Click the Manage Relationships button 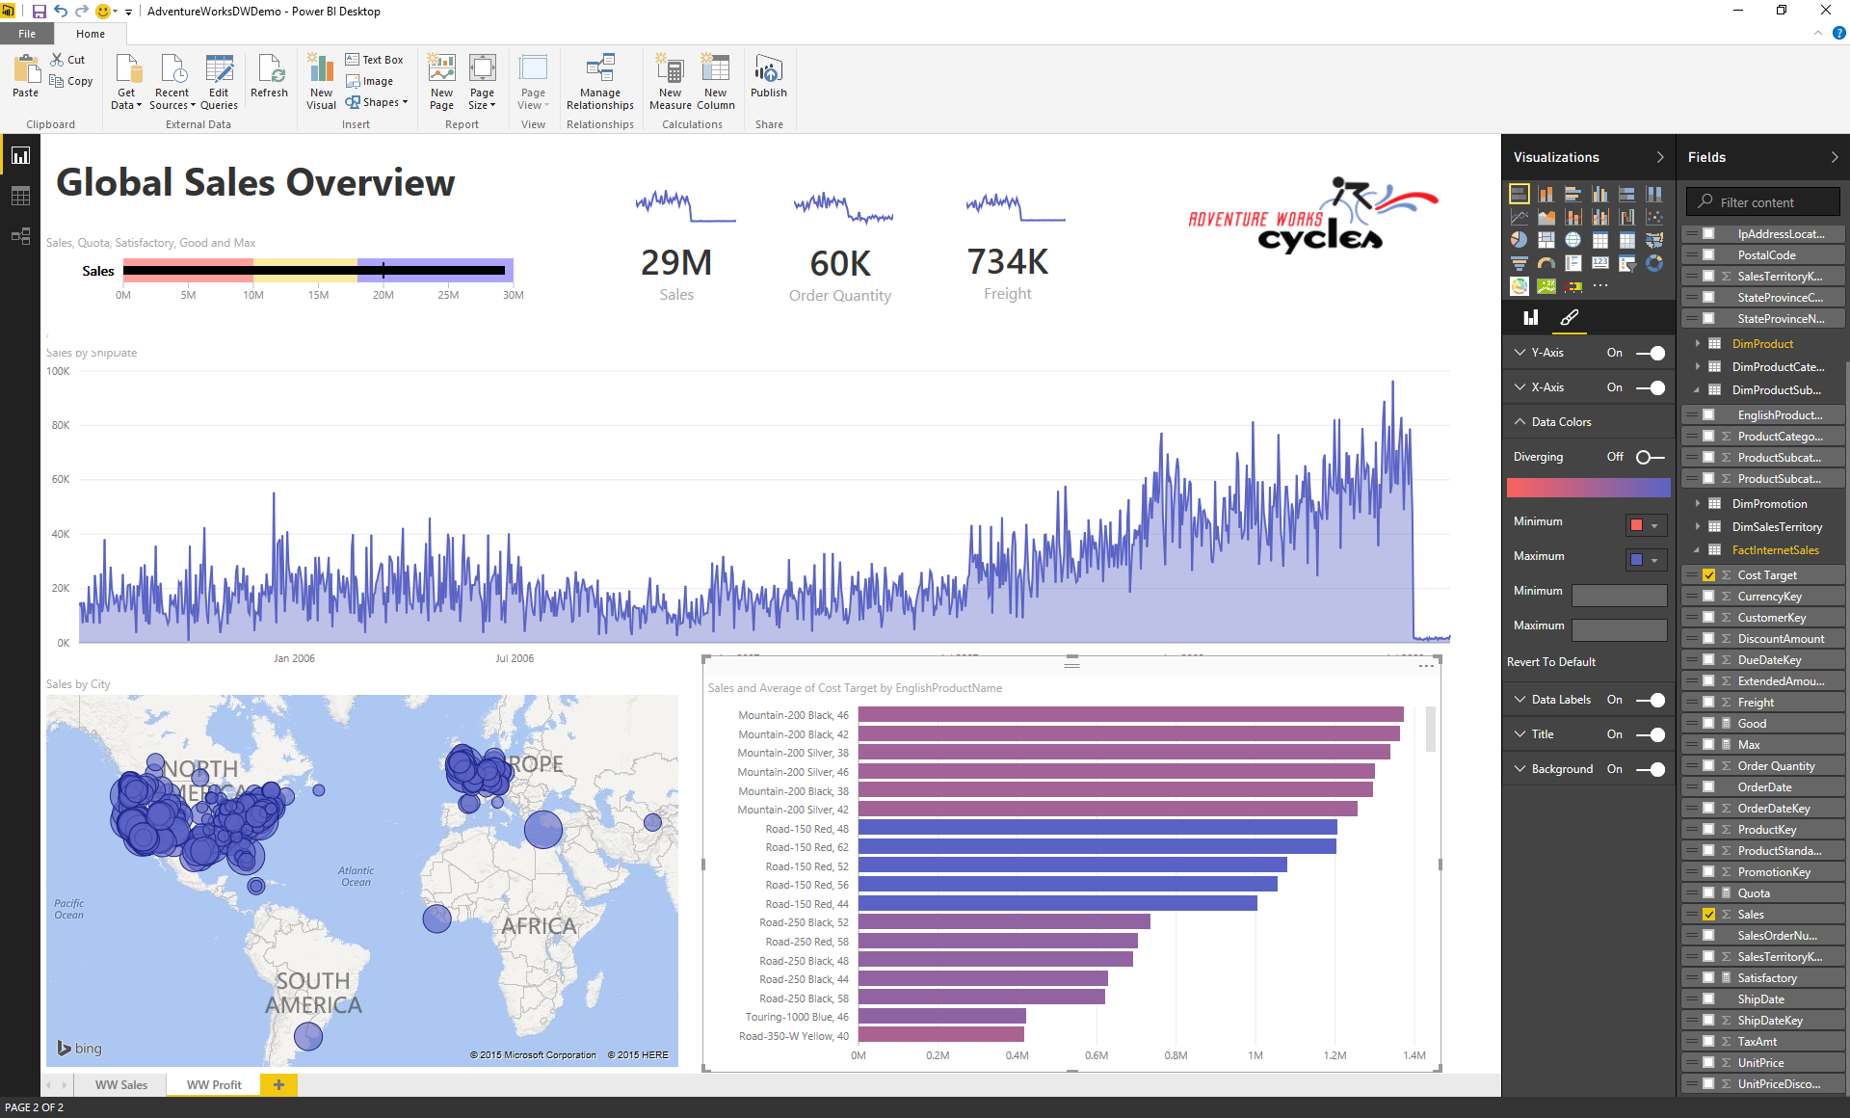coord(599,82)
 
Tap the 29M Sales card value coord(676,262)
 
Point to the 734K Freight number coord(1007,261)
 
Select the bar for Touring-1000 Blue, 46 coord(941,1017)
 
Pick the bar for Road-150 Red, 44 coord(1057,904)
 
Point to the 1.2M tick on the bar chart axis coord(1335,1055)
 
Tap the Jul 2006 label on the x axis coord(515,658)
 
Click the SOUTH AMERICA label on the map coord(313,993)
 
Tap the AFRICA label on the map coord(539,926)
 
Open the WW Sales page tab coord(121,1084)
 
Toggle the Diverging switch coord(1650,457)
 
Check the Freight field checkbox coord(1708,703)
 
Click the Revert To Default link coord(1551,662)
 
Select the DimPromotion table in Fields coord(1769,504)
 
